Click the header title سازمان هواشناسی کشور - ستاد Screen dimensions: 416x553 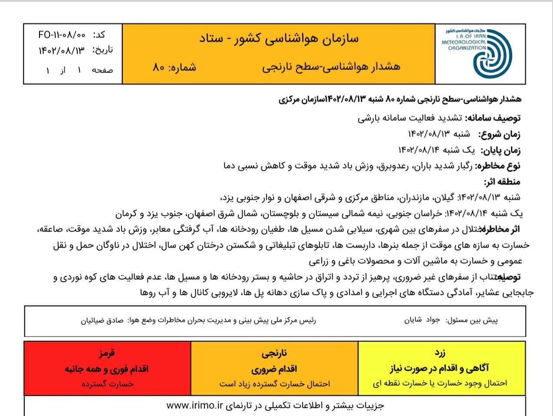[279, 39]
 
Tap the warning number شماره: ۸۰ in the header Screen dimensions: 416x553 [174, 67]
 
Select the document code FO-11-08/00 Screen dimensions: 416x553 [62, 35]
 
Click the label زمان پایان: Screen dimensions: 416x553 [500, 150]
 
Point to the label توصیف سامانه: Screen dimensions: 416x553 [494, 118]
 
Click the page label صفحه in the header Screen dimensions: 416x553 [102, 69]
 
